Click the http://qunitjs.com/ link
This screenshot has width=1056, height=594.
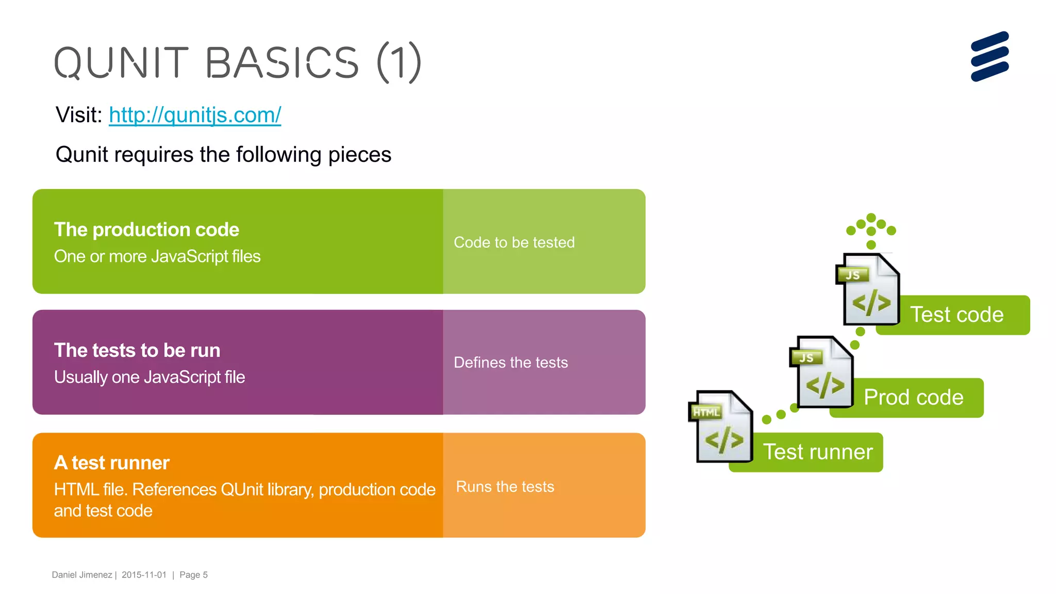(195, 115)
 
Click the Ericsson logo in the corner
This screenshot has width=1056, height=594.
(989, 57)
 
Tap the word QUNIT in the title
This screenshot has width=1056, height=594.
(121, 63)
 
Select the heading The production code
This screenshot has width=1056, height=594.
(146, 229)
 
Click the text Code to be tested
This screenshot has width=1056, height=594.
(514, 242)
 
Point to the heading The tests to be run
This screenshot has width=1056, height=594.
(137, 350)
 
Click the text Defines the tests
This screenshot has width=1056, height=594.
(510, 362)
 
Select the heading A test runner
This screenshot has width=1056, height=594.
(112, 463)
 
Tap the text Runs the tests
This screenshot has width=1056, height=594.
(505, 487)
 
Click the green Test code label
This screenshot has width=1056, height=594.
(957, 315)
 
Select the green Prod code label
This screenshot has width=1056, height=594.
(914, 398)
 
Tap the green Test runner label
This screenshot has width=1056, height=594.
(818, 452)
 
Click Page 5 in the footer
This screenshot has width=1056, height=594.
(193, 575)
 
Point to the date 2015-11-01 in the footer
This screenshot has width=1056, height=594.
(144, 575)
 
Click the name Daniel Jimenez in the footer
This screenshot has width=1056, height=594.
(82, 575)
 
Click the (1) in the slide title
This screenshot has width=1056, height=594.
(400, 63)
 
